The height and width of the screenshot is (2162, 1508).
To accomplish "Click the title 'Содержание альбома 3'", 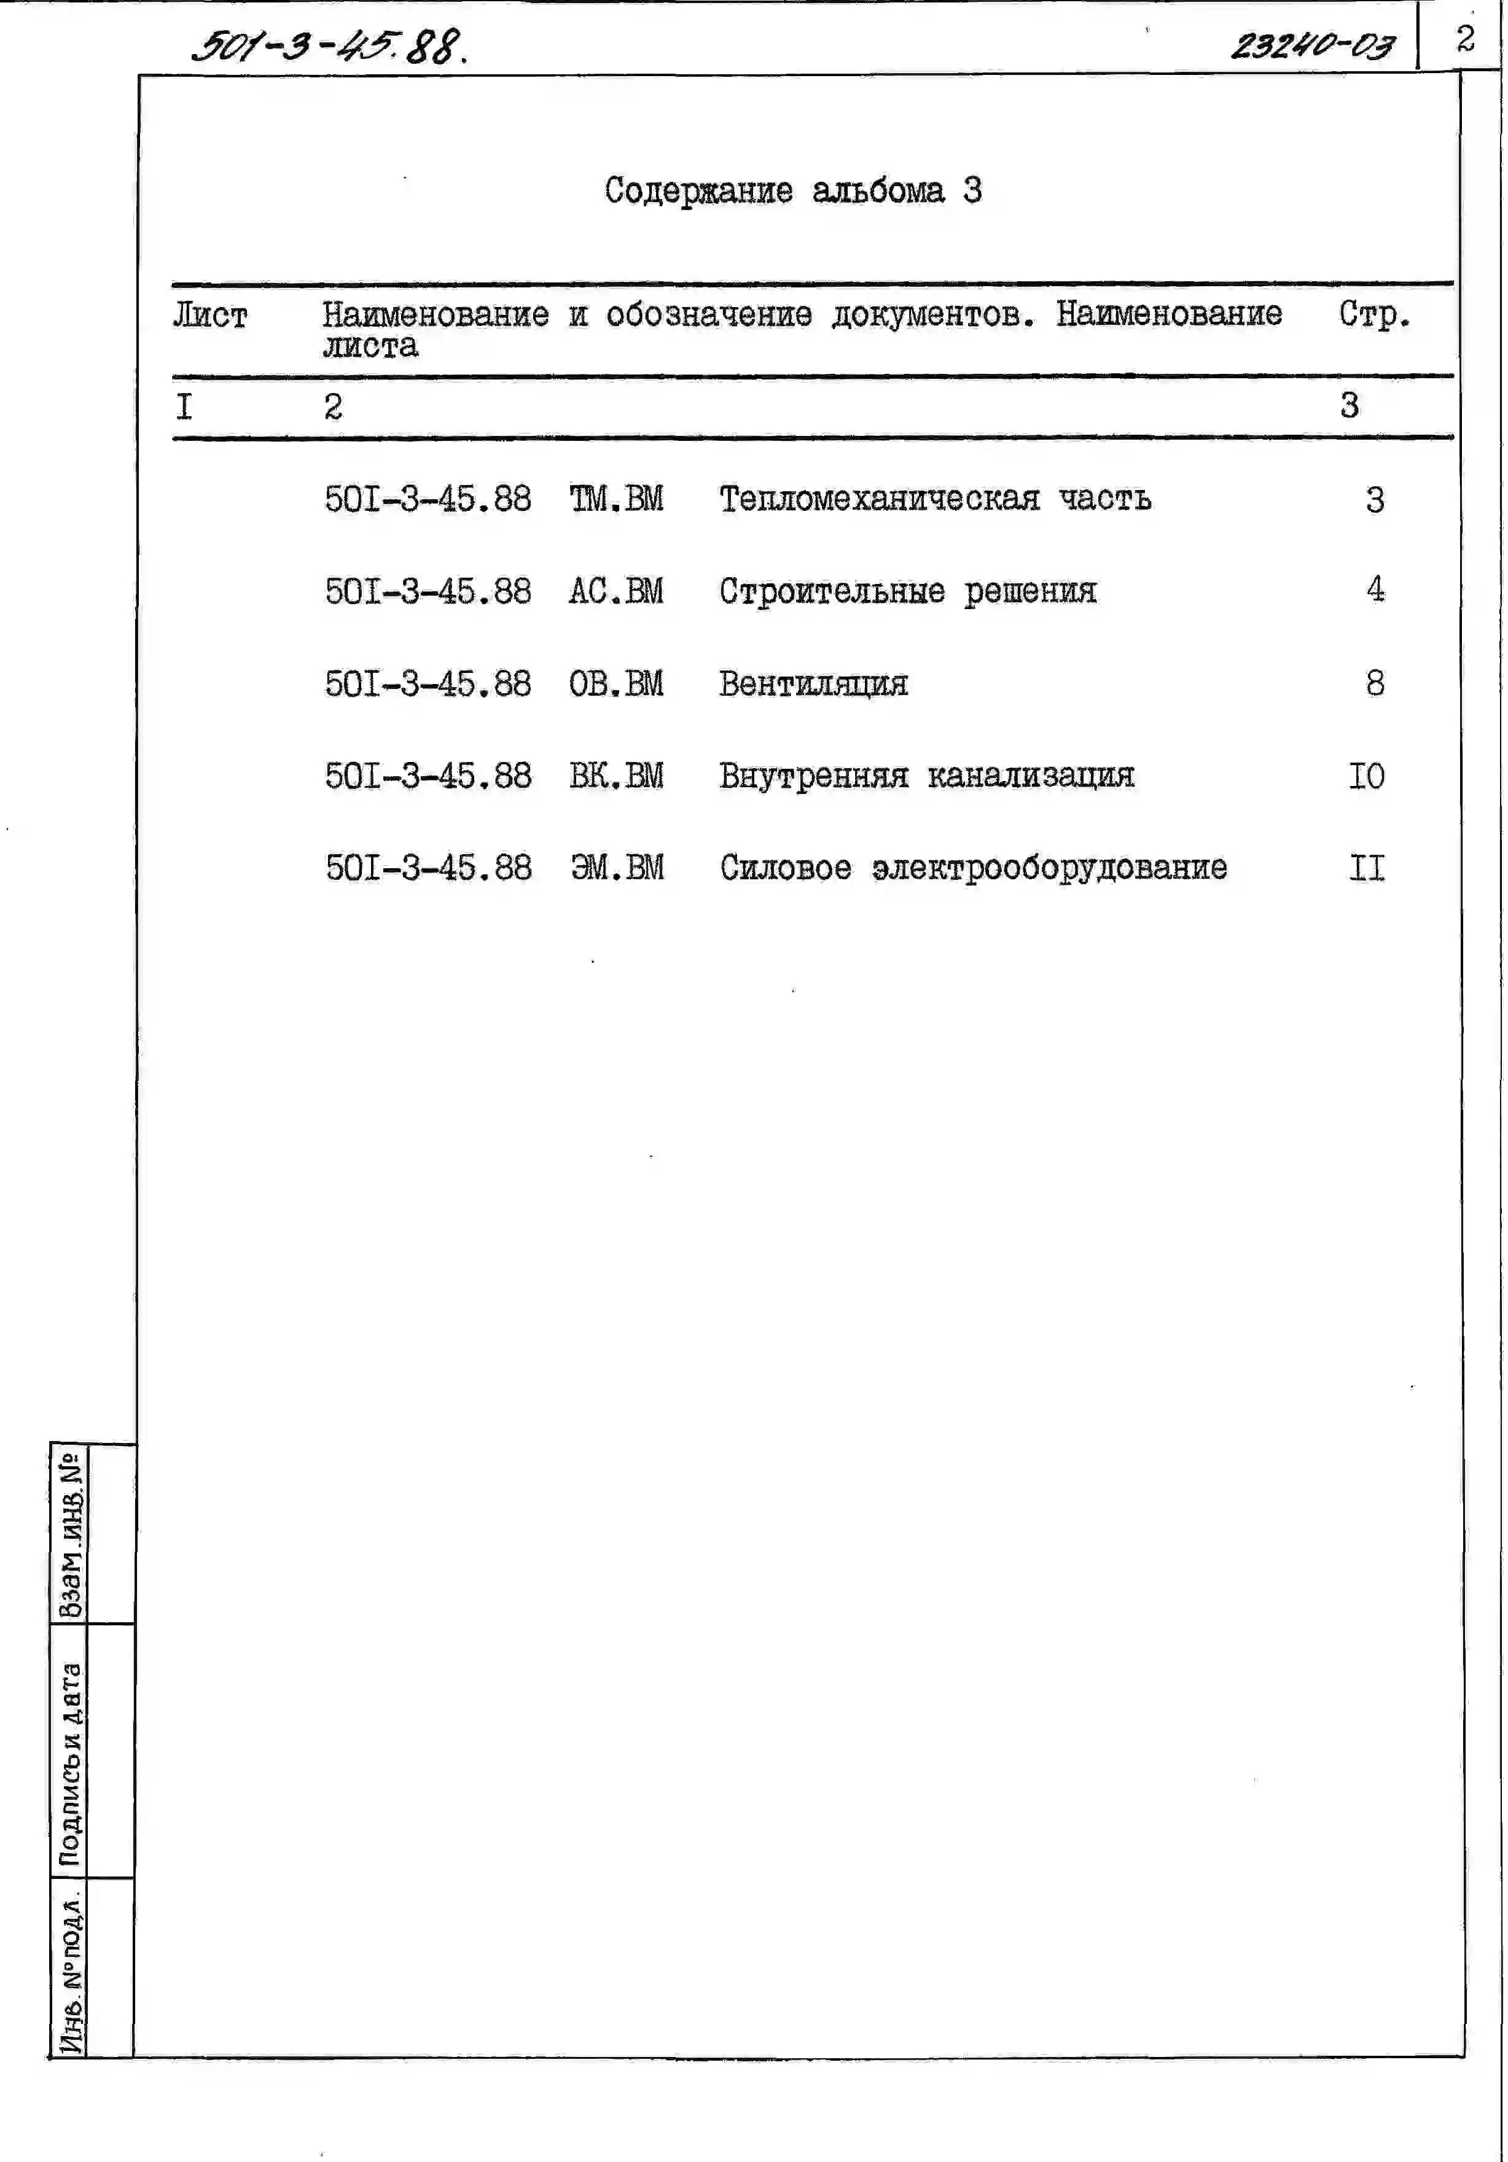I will (x=792, y=191).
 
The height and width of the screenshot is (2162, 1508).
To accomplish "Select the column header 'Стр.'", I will (x=1374, y=314).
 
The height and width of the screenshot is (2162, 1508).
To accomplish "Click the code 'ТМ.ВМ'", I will (x=616, y=499).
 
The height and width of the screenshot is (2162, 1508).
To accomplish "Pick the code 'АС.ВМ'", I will (x=616, y=591).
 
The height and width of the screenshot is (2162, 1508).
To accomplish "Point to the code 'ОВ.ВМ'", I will (x=616, y=683).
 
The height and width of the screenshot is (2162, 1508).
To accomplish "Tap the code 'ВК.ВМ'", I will (x=616, y=776).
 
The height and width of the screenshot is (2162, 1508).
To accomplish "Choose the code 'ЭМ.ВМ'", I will (x=617, y=867).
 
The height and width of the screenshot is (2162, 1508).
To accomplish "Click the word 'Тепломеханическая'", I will (x=880, y=499).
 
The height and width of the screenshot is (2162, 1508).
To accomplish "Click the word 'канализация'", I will (x=1031, y=776).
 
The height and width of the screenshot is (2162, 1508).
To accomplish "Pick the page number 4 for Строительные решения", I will (x=1375, y=591).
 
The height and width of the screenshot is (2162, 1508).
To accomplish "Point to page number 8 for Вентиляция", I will (x=1375, y=683).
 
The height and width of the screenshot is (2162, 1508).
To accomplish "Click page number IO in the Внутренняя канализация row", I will (x=1367, y=776).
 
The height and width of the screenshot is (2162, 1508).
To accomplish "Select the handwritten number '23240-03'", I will (x=1312, y=45).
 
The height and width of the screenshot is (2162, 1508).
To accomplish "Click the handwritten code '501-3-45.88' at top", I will (x=329, y=45).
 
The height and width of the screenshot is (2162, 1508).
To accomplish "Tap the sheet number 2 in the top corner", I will (x=1464, y=39).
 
